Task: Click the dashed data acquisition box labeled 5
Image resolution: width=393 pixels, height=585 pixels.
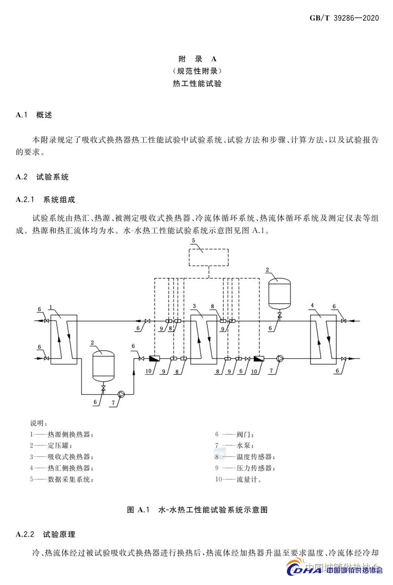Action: pyautogui.click(x=209, y=257)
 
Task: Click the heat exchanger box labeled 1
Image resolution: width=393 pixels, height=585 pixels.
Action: pyautogui.click(x=64, y=339)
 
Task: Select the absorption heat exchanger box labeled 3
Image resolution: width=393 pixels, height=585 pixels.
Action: pyautogui.click(x=203, y=339)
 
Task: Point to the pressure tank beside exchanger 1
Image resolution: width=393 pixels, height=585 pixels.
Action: pyautogui.click(x=103, y=365)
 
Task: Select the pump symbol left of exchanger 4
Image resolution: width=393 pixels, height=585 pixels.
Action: pyautogui.click(x=279, y=359)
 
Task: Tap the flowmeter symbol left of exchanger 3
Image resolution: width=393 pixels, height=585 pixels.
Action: pyautogui.click(x=154, y=359)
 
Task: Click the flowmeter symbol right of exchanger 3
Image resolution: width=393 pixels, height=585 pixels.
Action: pyautogui.click(x=259, y=359)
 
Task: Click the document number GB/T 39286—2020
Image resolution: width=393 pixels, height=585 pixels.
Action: pyautogui.click(x=344, y=18)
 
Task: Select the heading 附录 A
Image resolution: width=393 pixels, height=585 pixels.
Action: pyautogui.click(x=197, y=59)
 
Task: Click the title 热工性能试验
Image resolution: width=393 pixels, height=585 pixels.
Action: pyautogui.click(x=197, y=84)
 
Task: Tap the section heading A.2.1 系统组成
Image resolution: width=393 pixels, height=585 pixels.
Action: pyautogui.click(x=45, y=200)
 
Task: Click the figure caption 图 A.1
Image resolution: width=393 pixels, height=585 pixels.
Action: pyautogui.click(x=197, y=510)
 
